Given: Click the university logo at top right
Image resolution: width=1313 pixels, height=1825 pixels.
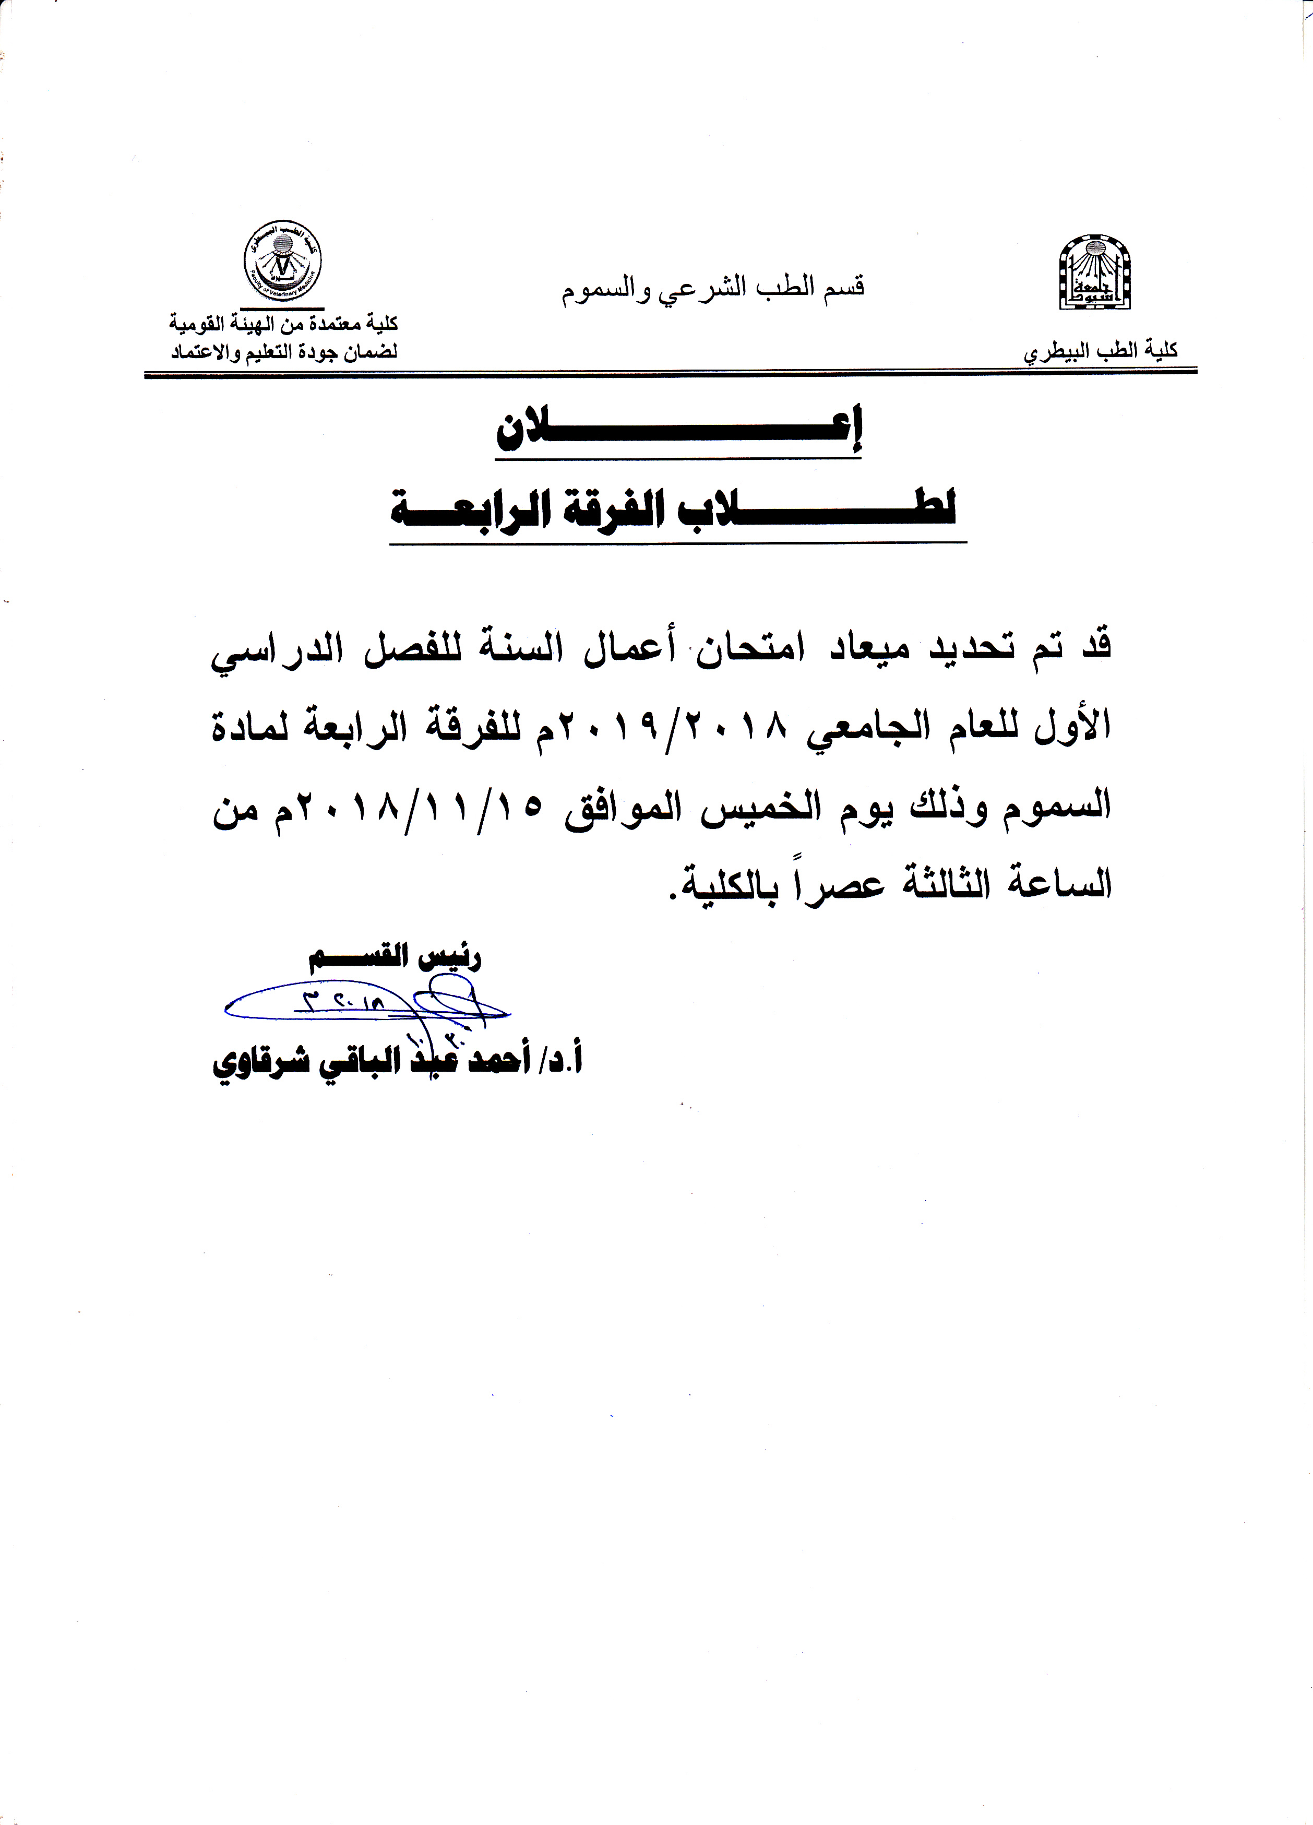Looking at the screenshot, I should pos(1094,271).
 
